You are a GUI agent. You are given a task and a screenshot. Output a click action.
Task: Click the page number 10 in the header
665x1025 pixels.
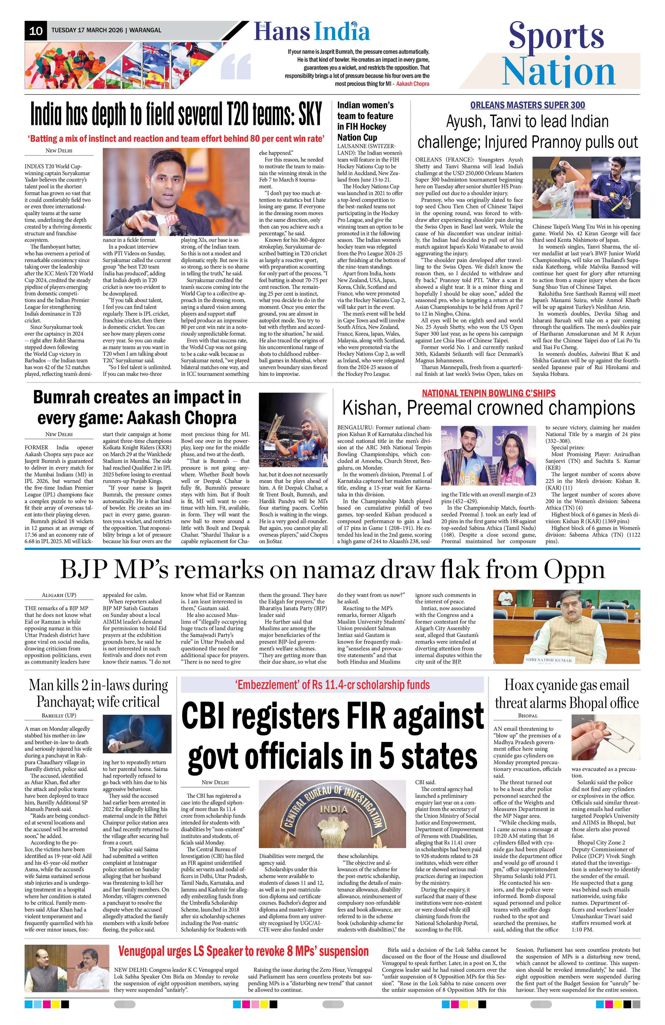tap(36, 31)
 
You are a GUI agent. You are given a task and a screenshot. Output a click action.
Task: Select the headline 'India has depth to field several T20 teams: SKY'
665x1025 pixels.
tap(176, 115)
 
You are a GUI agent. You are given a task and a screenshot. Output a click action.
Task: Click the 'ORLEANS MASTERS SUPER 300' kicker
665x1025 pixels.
tap(527, 105)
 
